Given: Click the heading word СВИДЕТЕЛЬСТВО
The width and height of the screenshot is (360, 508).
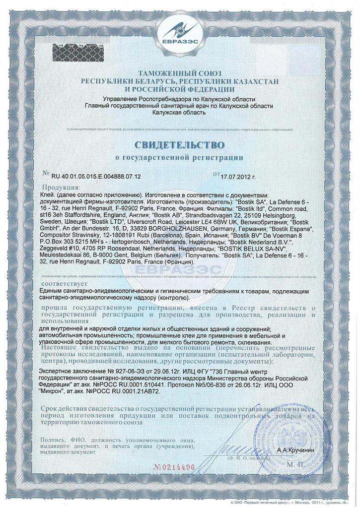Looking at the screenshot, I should coord(180,145).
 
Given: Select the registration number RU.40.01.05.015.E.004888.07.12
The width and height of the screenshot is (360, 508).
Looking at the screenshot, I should coord(96,176).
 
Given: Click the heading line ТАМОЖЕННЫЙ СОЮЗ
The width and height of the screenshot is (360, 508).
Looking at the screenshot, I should coord(180,73).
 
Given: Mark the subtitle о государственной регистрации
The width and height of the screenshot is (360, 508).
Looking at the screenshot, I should coord(179,158).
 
